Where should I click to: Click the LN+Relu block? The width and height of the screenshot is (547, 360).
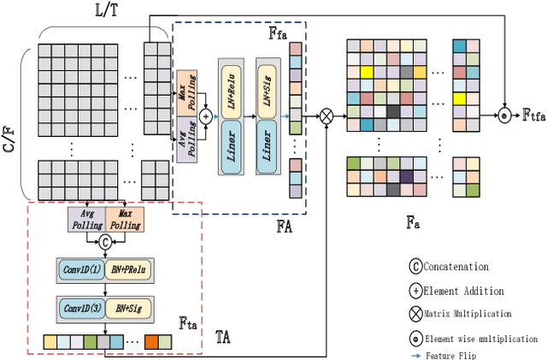coord(232,88)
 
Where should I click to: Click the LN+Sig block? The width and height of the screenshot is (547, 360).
coord(268,88)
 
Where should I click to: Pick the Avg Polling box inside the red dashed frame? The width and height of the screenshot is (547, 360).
coord(86,218)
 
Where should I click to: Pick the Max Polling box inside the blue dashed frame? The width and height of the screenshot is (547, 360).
coord(187,91)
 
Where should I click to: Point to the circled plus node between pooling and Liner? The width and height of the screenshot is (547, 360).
coord(206,114)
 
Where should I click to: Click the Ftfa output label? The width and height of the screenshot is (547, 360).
coord(532,115)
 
